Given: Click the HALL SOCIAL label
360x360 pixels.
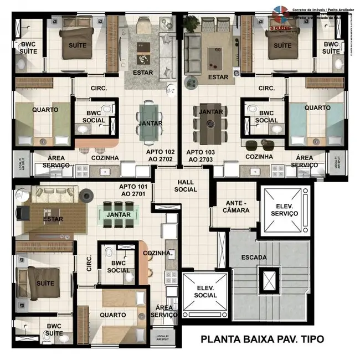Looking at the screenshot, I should [186, 186].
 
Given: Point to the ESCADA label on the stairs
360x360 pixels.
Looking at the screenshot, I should [254, 257].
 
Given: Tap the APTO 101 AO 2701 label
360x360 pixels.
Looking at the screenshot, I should [133, 191].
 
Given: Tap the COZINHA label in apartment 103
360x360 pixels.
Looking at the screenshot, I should [259, 157].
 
